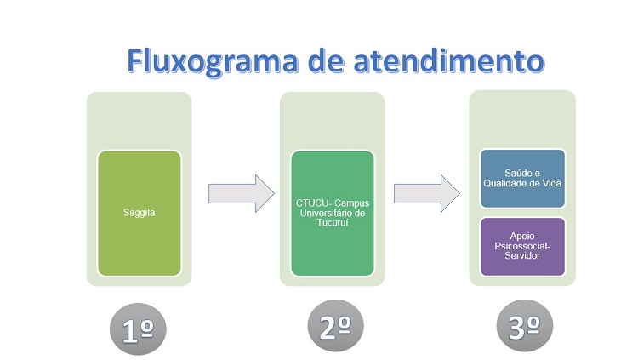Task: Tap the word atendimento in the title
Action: [449, 61]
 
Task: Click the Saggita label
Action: [140, 213]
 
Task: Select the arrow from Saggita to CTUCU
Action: [242, 193]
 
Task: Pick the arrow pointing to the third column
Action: [427, 193]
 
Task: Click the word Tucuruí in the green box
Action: [333, 223]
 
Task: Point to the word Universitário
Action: [327, 213]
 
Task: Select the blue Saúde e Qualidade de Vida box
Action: [522, 179]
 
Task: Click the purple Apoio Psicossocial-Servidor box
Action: [522, 247]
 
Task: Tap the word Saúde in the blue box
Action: [516, 173]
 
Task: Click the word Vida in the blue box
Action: [552, 183]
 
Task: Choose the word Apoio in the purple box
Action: [522, 237]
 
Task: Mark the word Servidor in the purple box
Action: [522, 256]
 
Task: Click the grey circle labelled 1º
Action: [138, 329]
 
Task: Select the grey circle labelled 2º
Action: [335, 326]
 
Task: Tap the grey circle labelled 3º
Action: [525, 326]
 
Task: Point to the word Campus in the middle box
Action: [352, 203]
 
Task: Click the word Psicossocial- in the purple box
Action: [522, 246]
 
